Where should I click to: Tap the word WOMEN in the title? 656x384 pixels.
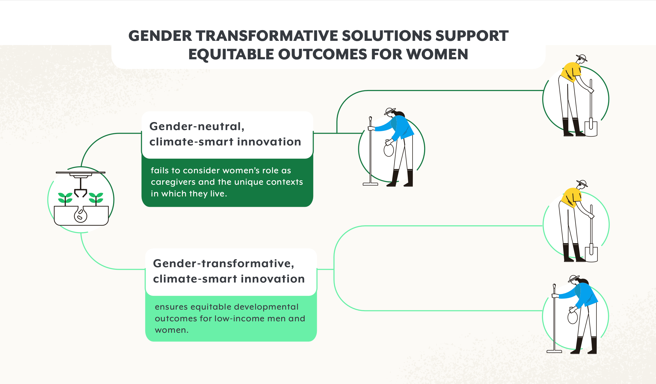click(437, 54)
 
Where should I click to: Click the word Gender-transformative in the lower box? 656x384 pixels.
click(224, 263)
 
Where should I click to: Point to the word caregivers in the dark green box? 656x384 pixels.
click(173, 182)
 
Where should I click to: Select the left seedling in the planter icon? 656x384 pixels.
click(65, 199)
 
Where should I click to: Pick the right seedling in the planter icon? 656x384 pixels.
click(96, 199)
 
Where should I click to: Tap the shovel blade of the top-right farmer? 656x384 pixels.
click(591, 128)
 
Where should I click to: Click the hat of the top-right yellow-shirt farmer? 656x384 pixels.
click(582, 57)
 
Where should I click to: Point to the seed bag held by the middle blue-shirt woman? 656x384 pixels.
click(389, 150)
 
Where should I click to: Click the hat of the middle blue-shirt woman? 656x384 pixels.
click(390, 111)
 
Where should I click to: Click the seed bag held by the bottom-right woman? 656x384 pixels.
click(573, 317)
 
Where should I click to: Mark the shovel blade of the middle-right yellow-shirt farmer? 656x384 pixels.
click(591, 254)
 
